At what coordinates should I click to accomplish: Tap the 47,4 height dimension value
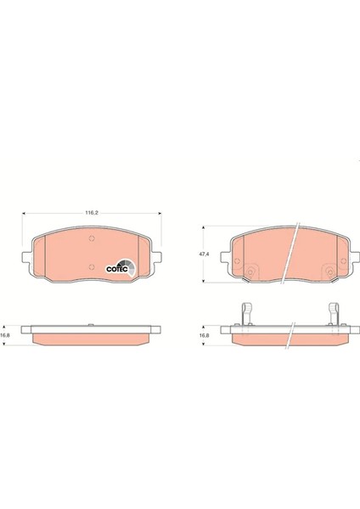tap(203, 253)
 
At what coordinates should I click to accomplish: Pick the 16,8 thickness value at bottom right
tap(203, 334)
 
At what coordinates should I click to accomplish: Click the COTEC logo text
tap(115, 269)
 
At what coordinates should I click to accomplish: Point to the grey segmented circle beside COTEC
tap(124, 263)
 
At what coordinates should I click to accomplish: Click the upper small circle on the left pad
tap(90, 240)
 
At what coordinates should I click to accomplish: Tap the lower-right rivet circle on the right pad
tap(325, 271)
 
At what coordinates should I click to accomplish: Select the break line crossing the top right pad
tap(290, 252)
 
